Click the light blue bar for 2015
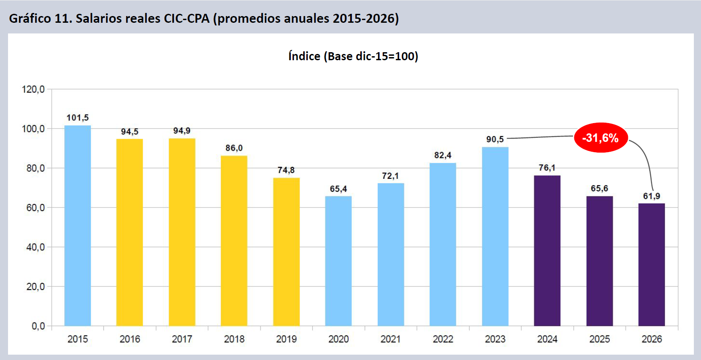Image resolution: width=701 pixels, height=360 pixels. click(x=78, y=225)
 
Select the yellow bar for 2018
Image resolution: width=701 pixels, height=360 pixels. click(x=234, y=240)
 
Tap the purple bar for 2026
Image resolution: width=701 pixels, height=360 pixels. click(x=652, y=265)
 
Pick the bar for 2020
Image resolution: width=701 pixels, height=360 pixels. click(x=338, y=261)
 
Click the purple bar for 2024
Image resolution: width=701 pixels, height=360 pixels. click(x=547, y=251)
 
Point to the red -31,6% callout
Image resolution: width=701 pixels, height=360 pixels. click(x=601, y=138)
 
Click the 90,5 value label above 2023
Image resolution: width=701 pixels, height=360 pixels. click(x=495, y=139)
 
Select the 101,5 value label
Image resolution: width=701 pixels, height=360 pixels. click(x=78, y=118)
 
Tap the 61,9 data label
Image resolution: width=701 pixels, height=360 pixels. click(x=652, y=196)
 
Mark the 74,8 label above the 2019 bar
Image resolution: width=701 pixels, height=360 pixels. click(x=286, y=170)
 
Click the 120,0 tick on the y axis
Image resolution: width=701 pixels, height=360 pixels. click(x=33, y=89)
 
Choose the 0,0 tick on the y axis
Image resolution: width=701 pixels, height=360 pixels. click(x=38, y=326)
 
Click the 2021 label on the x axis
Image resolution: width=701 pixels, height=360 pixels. click(x=391, y=339)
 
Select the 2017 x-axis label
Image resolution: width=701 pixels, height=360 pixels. click(x=182, y=339)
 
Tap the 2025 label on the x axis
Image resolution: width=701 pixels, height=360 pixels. click(x=599, y=339)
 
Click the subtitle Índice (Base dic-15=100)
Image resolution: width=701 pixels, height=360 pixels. click(x=353, y=56)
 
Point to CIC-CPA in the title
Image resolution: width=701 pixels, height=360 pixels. click(x=186, y=18)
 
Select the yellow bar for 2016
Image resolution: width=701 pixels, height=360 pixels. click(x=130, y=232)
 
